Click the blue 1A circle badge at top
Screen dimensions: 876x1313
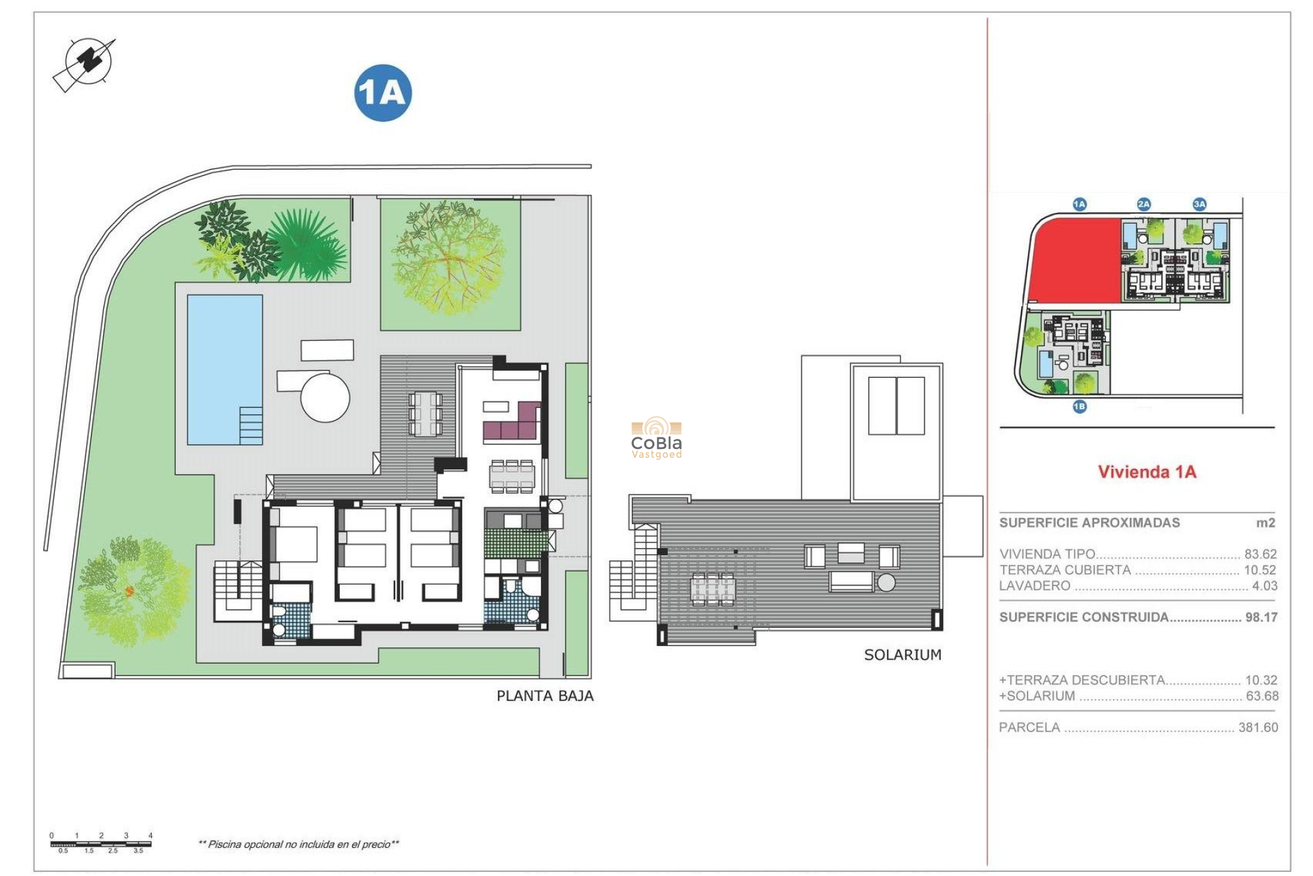click(x=382, y=93)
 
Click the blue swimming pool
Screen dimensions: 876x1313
click(x=224, y=369)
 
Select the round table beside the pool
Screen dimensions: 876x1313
click(x=325, y=397)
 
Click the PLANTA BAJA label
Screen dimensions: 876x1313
click(x=544, y=696)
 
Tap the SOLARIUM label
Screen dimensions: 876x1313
click(x=902, y=655)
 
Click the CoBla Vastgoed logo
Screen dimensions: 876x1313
click(x=656, y=439)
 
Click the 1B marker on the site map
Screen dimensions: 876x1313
click(x=1079, y=407)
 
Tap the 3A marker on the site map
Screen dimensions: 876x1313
click(x=1199, y=204)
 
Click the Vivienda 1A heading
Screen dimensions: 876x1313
click(x=1147, y=472)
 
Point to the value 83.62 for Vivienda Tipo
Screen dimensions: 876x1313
click(x=1260, y=554)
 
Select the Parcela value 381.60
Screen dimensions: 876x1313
click(x=1258, y=727)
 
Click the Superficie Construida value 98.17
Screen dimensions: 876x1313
click(x=1260, y=617)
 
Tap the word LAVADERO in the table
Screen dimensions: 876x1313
click(x=1034, y=586)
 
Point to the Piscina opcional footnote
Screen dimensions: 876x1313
click(x=298, y=845)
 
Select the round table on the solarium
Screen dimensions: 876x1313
click(x=886, y=582)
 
